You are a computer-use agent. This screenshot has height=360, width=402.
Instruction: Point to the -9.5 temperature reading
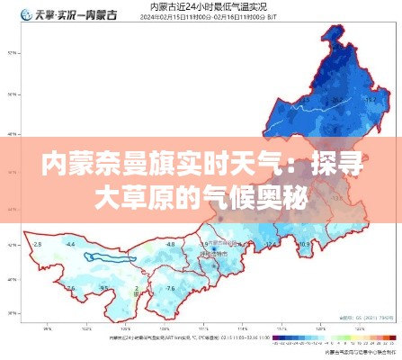coord(104,289)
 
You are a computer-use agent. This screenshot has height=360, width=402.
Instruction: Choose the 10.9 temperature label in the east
coord(304,244)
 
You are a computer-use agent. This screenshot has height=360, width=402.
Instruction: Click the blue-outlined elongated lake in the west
coord(110,257)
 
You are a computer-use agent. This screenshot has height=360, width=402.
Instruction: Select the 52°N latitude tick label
coord(11,51)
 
